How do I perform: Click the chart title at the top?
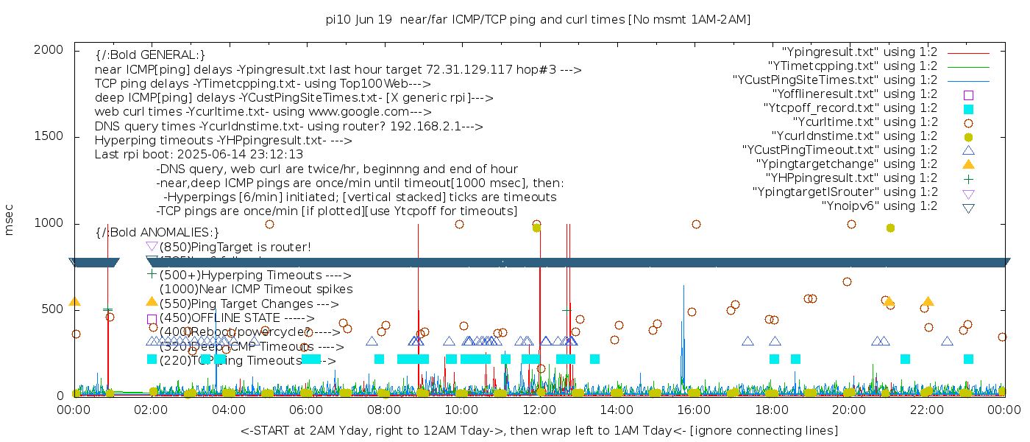538,20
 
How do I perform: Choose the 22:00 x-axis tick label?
926,409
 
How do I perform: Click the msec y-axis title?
10,220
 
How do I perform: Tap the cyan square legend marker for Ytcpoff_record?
968,109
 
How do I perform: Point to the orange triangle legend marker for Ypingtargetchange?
968,164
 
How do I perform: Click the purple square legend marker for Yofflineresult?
968,95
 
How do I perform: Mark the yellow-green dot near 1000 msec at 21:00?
890,228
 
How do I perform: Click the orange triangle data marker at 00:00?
74,301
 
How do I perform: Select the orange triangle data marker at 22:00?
928,301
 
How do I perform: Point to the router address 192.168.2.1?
417,126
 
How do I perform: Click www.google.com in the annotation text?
364,112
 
